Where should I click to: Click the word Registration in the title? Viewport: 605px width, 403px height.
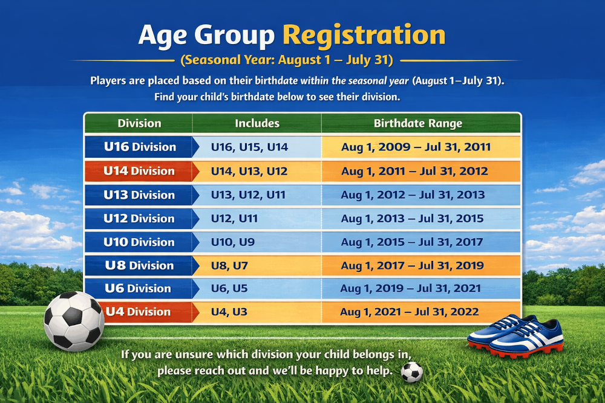(364, 35)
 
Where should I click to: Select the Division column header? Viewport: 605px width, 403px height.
(139, 123)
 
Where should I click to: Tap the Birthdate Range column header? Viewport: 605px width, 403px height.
(418, 123)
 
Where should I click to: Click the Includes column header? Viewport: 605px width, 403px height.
(257, 123)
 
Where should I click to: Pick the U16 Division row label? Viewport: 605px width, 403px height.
(140, 147)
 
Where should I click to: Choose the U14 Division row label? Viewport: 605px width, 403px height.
(139, 170)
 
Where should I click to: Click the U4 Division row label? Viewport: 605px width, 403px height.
(138, 311)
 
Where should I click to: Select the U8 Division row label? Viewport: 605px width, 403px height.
(139, 265)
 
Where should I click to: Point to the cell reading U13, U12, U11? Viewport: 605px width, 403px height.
(248, 195)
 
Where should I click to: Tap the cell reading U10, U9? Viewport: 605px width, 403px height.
(233, 242)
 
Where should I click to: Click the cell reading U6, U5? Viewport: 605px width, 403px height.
(229, 288)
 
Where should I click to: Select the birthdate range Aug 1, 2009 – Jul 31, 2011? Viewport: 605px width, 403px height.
(416, 147)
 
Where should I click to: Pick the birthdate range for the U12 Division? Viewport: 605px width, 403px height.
(412, 219)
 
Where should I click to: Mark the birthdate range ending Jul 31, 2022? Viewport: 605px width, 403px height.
(410, 311)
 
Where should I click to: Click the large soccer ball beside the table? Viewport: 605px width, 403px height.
(74, 321)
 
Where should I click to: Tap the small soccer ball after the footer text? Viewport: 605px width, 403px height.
(411, 372)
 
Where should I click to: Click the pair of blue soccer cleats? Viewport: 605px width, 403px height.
(515, 335)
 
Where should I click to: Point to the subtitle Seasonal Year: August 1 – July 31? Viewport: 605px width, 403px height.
(287, 60)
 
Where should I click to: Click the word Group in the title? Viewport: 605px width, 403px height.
(235, 36)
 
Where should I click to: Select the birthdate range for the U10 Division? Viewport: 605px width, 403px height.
(411, 242)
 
